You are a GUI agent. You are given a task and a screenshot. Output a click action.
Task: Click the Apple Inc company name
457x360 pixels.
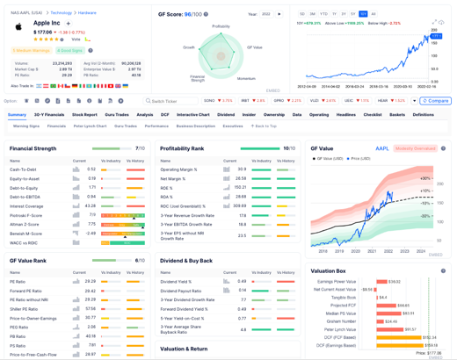coord(47,23)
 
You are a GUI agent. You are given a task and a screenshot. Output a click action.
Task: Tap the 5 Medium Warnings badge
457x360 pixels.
coord(32,51)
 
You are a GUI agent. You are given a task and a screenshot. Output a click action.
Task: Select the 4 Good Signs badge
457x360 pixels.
coord(70,51)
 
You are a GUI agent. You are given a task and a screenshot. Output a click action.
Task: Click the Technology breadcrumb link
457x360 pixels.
coord(61,13)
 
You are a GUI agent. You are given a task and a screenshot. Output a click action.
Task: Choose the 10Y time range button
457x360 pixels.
coord(363,14)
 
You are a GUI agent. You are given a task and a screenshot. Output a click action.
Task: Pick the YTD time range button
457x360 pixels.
coord(323,14)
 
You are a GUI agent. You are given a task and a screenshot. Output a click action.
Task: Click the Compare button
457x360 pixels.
coord(436,101)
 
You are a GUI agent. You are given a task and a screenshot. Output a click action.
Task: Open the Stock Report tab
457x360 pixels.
coord(84,115)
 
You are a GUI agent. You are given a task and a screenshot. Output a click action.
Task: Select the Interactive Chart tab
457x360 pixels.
coord(192,115)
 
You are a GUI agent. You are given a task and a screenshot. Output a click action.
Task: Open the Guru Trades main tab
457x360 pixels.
coord(117,115)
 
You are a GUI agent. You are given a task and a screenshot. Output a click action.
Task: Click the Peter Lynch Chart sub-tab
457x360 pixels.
coord(90,126)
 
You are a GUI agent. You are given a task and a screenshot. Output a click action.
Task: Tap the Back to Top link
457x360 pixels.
coord(264,126)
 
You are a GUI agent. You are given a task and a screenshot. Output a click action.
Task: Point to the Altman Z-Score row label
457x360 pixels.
coord(25,224)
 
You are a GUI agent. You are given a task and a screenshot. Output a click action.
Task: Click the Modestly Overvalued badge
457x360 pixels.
coord(416,148)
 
